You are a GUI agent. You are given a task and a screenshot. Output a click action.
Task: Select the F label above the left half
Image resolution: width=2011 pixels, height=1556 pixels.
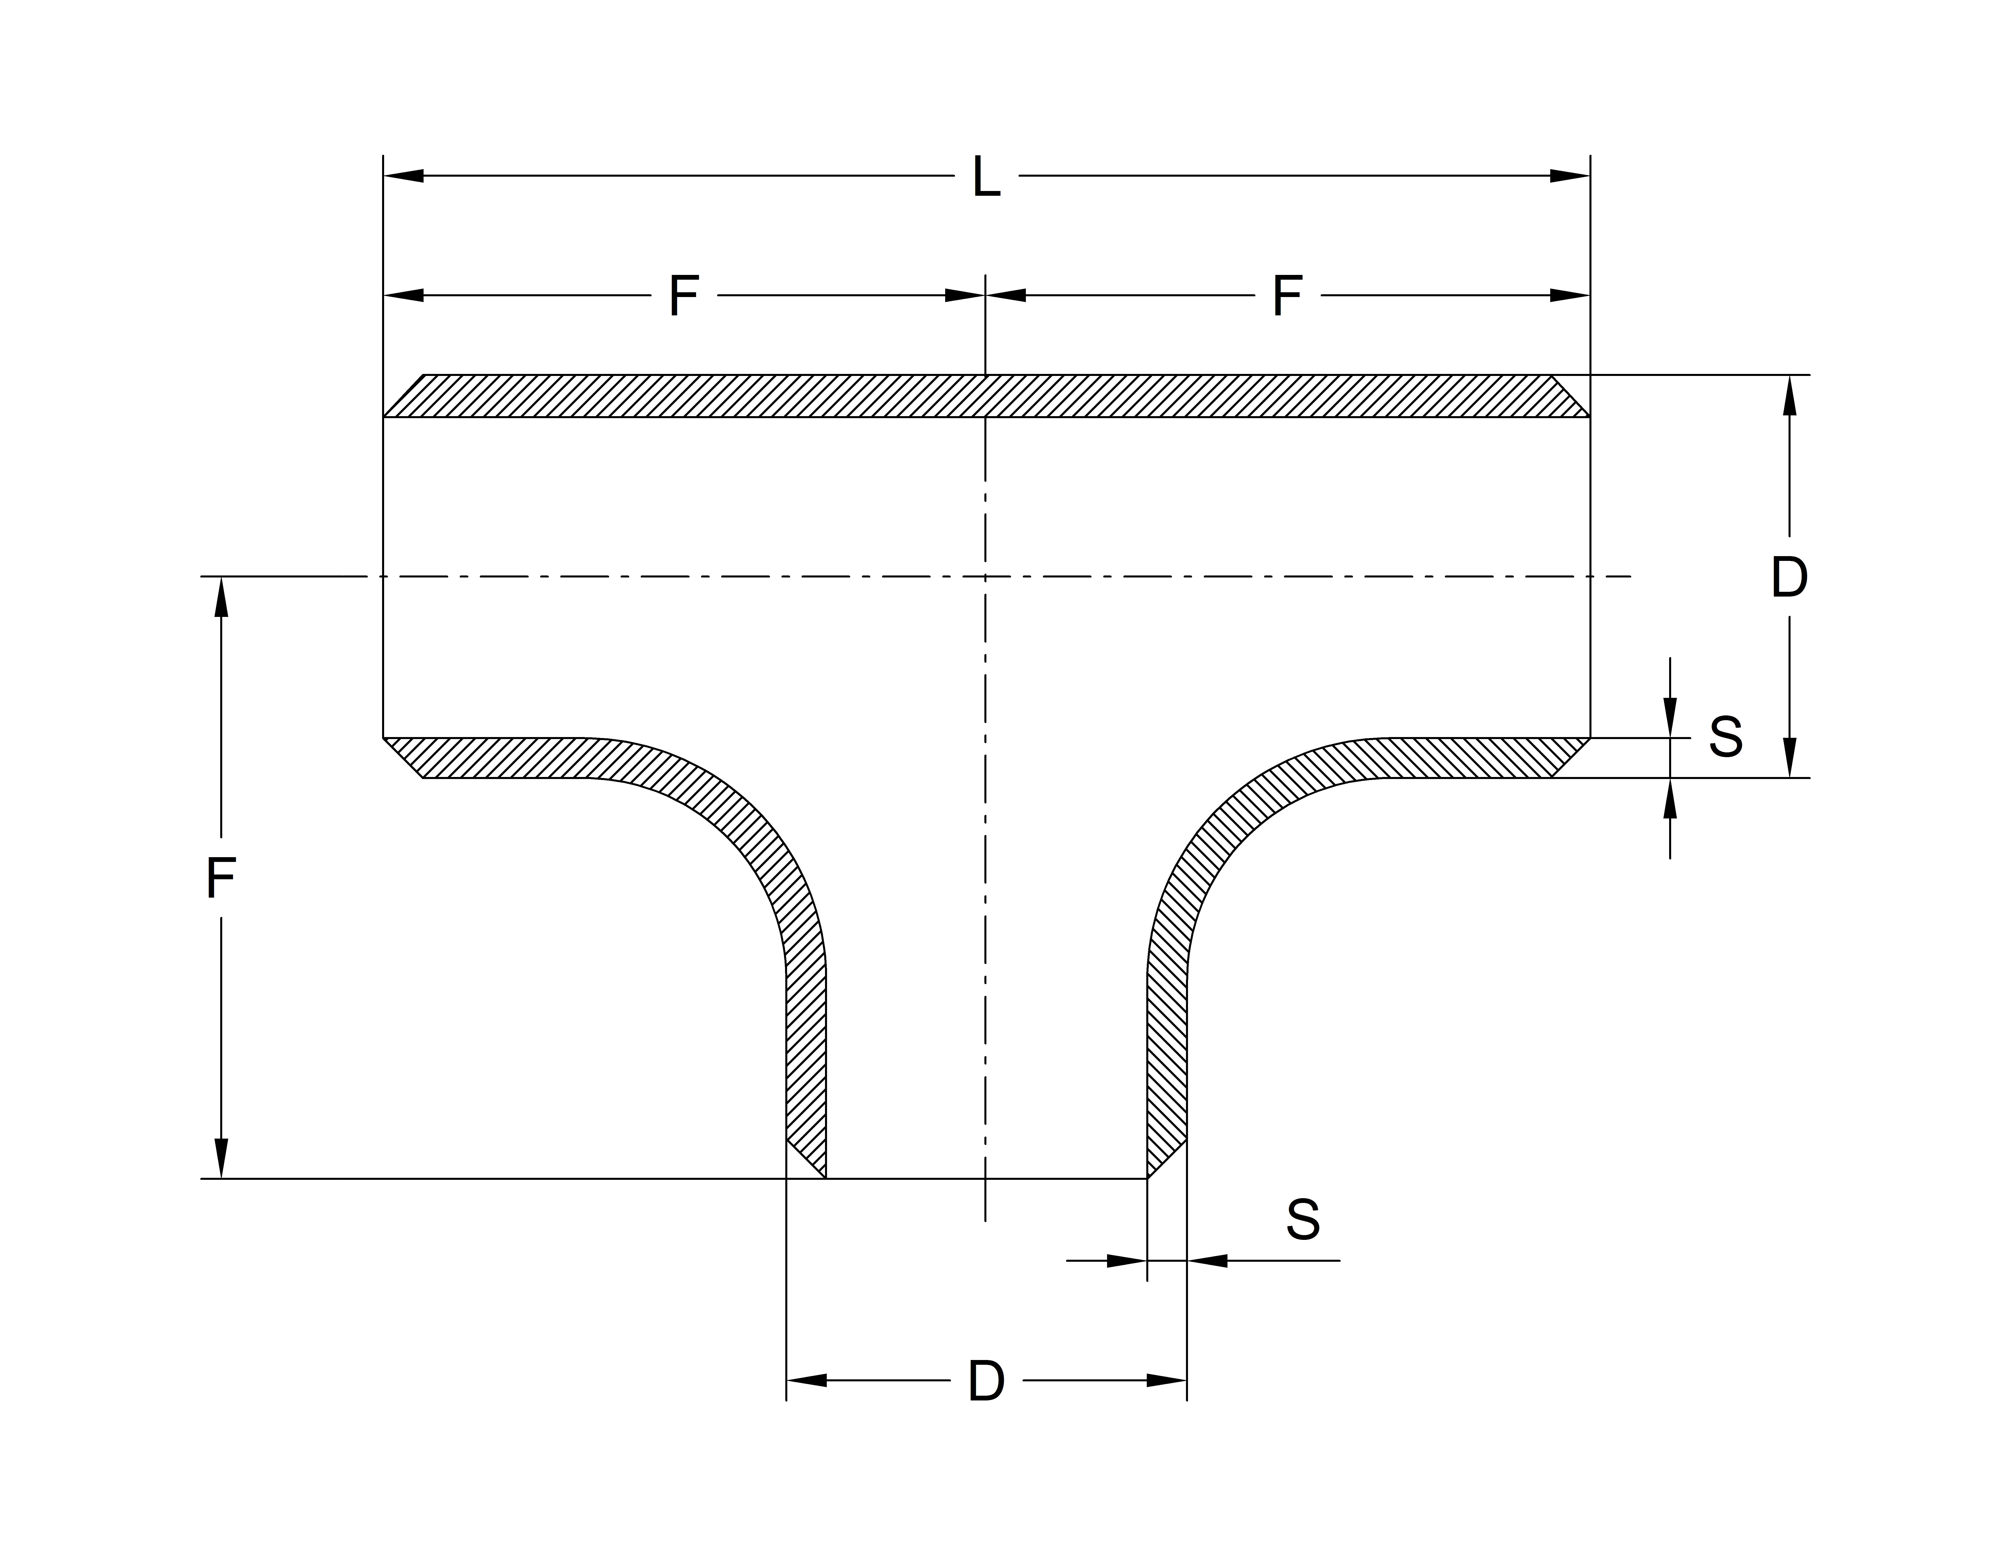click(684, 296)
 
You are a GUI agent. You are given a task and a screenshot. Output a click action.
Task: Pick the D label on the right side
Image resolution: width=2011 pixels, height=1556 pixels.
click(1789, 577)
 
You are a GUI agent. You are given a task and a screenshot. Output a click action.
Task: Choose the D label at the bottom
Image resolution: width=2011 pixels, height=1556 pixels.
click(986, 1381)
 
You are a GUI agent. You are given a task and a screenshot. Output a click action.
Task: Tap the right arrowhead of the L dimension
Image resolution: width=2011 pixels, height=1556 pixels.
click(1570, 176)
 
